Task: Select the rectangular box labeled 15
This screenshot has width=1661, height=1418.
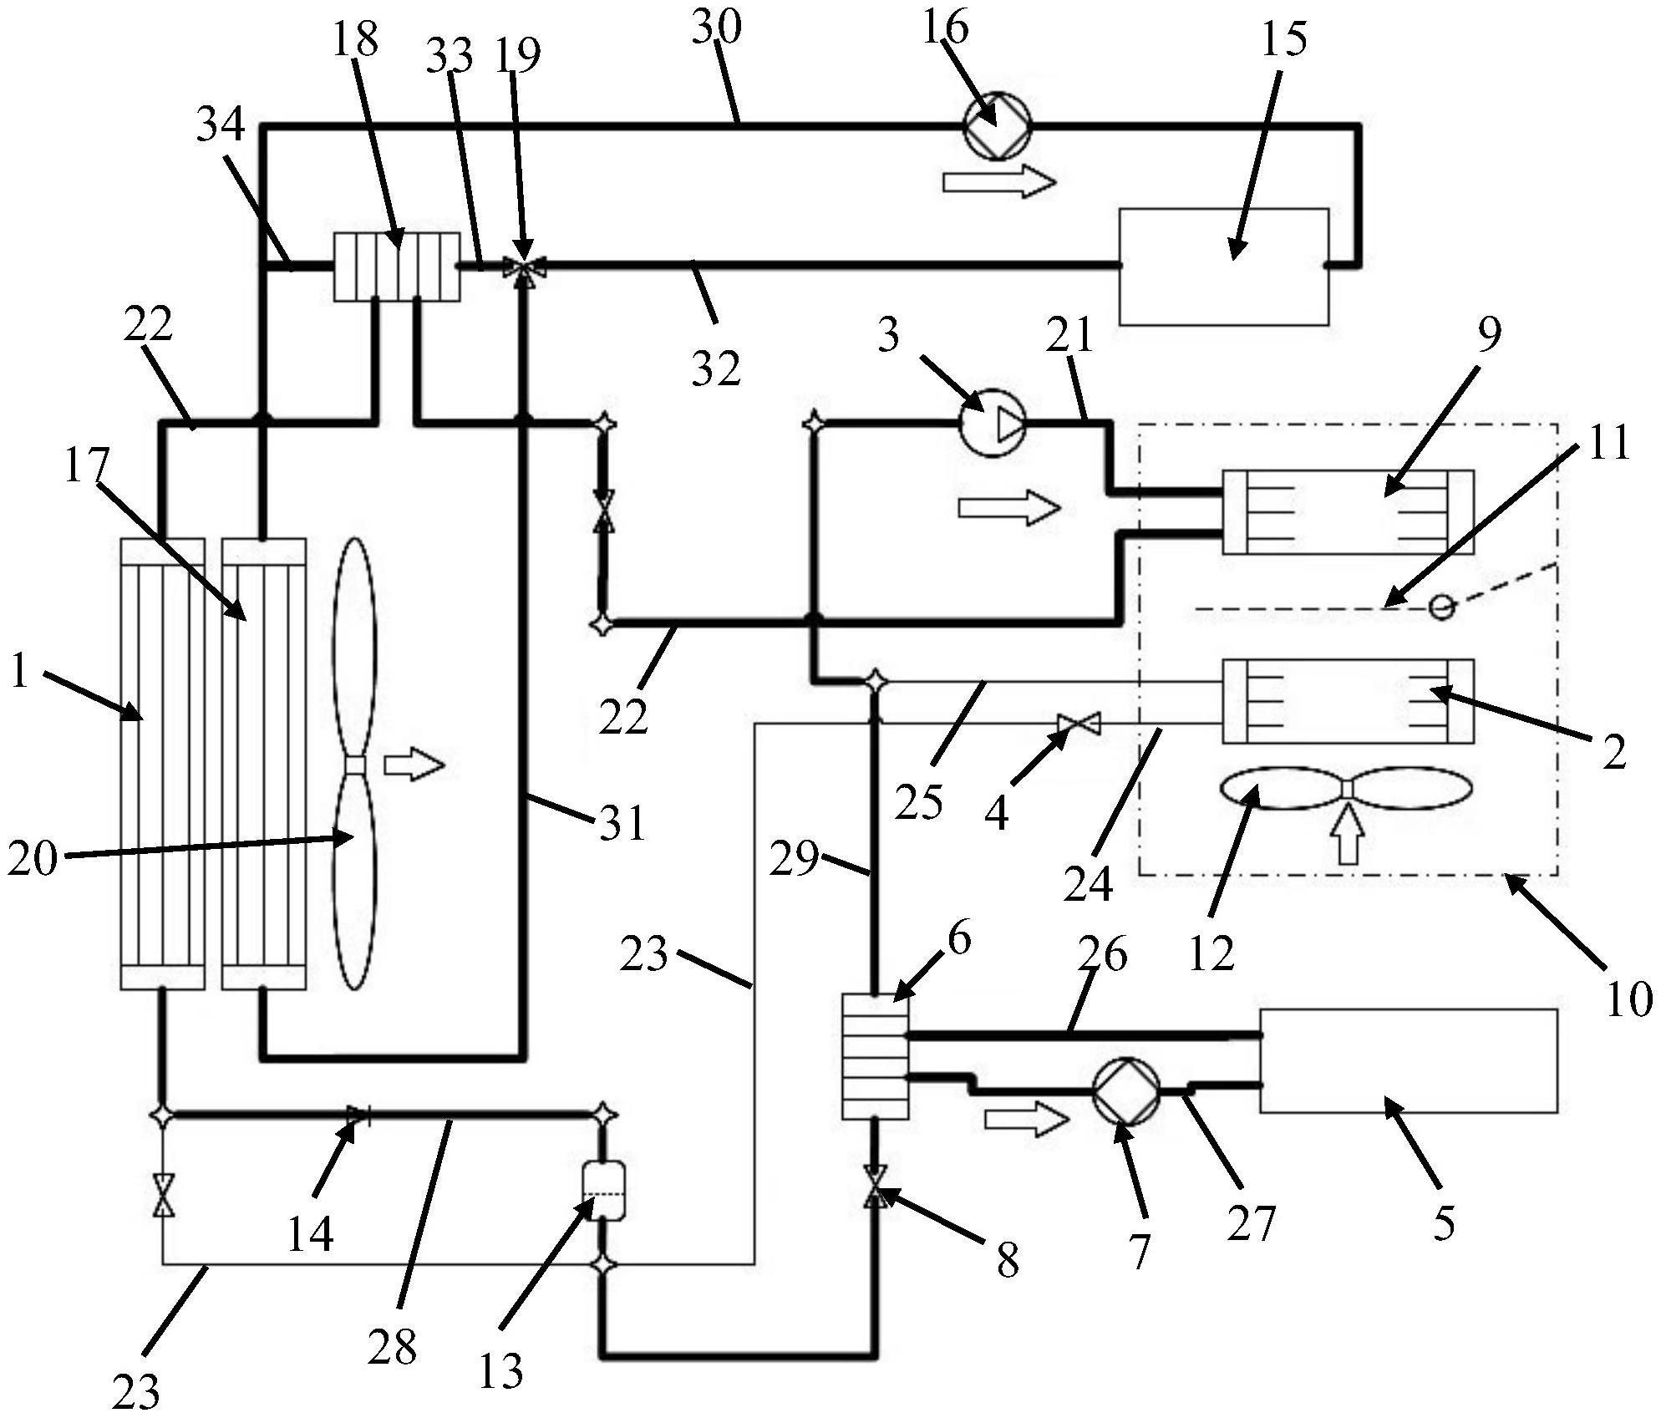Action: [x=1224, y=266]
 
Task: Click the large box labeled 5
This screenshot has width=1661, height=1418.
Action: [x=1409, y=1060]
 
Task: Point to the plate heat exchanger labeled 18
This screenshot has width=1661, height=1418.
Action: [x=397, y=267]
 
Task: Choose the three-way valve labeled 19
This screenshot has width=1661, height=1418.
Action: [x=524, y=267]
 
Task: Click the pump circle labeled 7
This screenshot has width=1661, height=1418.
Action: [x=1126, y=1090]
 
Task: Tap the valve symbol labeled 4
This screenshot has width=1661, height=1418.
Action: [x=1079, y=724]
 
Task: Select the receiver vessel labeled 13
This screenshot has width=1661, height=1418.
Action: [x=602, y=1190]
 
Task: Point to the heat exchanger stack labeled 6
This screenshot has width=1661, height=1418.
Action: [x=875, y=1056]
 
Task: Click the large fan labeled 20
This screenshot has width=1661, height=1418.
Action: [x=355, y=765]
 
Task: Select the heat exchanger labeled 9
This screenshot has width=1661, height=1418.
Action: [x=1348, y=511]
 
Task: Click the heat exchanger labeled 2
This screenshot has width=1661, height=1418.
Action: [x=1348, y=701]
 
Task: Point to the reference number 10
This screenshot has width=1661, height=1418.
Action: [x=1628, y=999]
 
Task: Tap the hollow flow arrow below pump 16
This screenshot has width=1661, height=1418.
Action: [x=999, y=183]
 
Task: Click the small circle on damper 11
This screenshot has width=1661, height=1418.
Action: [x=1442, y=607]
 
